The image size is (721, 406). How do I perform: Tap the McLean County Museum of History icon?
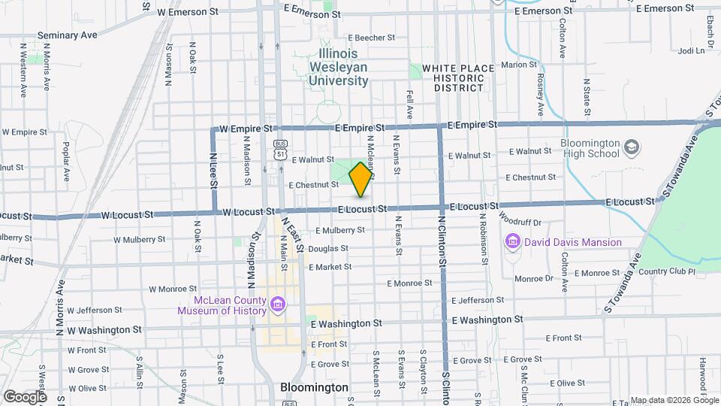pos(278,304)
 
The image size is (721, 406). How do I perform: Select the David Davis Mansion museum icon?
pos(514,242)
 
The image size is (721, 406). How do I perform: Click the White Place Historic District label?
pos(458,77)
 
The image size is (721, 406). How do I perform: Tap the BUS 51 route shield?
pos(280,150)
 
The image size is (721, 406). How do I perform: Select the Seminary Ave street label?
pos(68,35)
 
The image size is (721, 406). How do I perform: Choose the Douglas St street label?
pos(327,248)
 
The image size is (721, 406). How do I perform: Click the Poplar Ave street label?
pos(66,159)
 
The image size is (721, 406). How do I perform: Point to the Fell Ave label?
pos(409,105)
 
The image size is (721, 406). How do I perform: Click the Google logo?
pos(25,396)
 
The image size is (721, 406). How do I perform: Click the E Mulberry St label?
pos(340,230)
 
